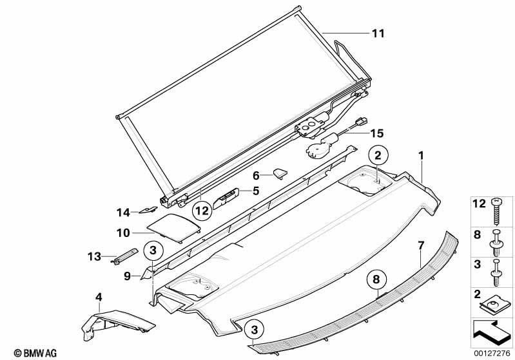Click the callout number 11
pyautogui.click(x=378, y=33)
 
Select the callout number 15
pyautogui.click(x=376, y=133)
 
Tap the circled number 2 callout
pyautogui.click(x=378, y=155)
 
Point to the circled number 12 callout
pyautogui.click(x=202, y=211)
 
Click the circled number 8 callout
pyautogui.click(x=376, y=279)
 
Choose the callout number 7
pyautogui.click(x=421, y=245)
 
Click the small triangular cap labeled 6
pyautogui.click(x=280, y=174)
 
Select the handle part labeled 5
pyautogui.click(x=226, y=198)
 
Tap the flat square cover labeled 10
pyautogui.click(x=173, y=228)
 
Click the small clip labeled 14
pyautogui.click(x=148, y=210)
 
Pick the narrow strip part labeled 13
pyautogui.click(x=125, y=256)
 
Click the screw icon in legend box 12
pyautogui.click(x=496, y=211)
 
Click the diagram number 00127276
pyautogui.click(x=491, y=354)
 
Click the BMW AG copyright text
pyautogui.click(x=35, y=353)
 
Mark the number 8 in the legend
pyautogui.click(x=477, y=234)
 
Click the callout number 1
pyautogui.click(x=421, y=156)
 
